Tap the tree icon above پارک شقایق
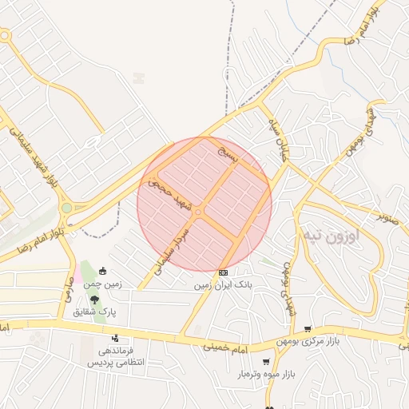(95, 299)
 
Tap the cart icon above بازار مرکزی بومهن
(308, 328)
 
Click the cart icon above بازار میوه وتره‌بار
(266, 362)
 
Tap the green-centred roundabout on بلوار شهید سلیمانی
(66, 208)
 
